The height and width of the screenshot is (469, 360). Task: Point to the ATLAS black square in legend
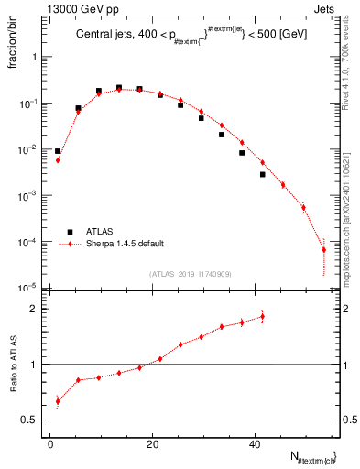pos(70,232)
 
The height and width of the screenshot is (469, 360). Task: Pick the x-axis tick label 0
pos(51,443)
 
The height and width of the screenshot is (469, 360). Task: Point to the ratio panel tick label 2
pos(35,309)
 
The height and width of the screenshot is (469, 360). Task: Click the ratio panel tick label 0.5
pos(32,420)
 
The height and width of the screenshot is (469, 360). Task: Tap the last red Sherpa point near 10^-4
pos(323,249)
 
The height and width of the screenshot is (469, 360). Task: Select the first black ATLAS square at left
pos(58,151)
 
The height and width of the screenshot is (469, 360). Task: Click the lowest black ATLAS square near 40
pos(262,174)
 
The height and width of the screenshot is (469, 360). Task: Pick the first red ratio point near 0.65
pos(58,400)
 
